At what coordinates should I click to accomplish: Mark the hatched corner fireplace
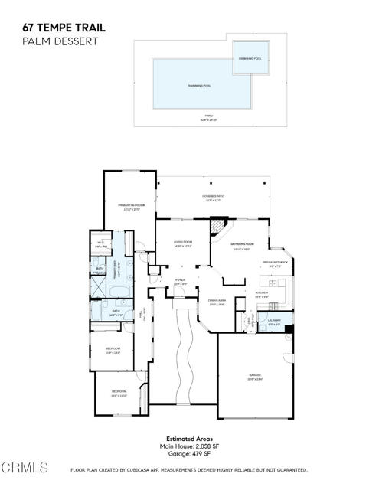coord(220,227)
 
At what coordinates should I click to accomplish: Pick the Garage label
coord(254,377)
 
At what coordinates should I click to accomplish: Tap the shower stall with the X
coord(100,289)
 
